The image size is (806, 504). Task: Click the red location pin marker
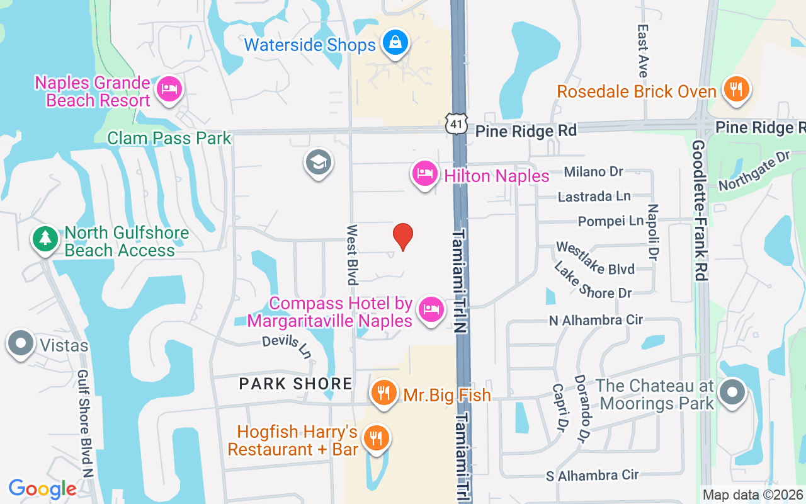(x=403, y=236)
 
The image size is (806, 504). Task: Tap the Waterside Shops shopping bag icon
(x=395, y=43)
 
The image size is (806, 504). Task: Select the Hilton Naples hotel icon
(x=425, y=175)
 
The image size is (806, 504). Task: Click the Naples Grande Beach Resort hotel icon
(x=168, y=89)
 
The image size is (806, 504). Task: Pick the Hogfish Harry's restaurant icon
(x=377, y=437)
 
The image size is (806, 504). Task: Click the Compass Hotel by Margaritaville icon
(x=431, y=311)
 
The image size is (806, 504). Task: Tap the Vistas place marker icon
(x=21, y=344)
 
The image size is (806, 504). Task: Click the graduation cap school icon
(x=319, y=163)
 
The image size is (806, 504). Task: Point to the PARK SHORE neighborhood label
(x=295, y=383)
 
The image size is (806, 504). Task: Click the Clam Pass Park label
(x=169, y=138)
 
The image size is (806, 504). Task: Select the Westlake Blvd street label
(x=595, y=259)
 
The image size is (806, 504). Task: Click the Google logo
(x=43, y=489)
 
